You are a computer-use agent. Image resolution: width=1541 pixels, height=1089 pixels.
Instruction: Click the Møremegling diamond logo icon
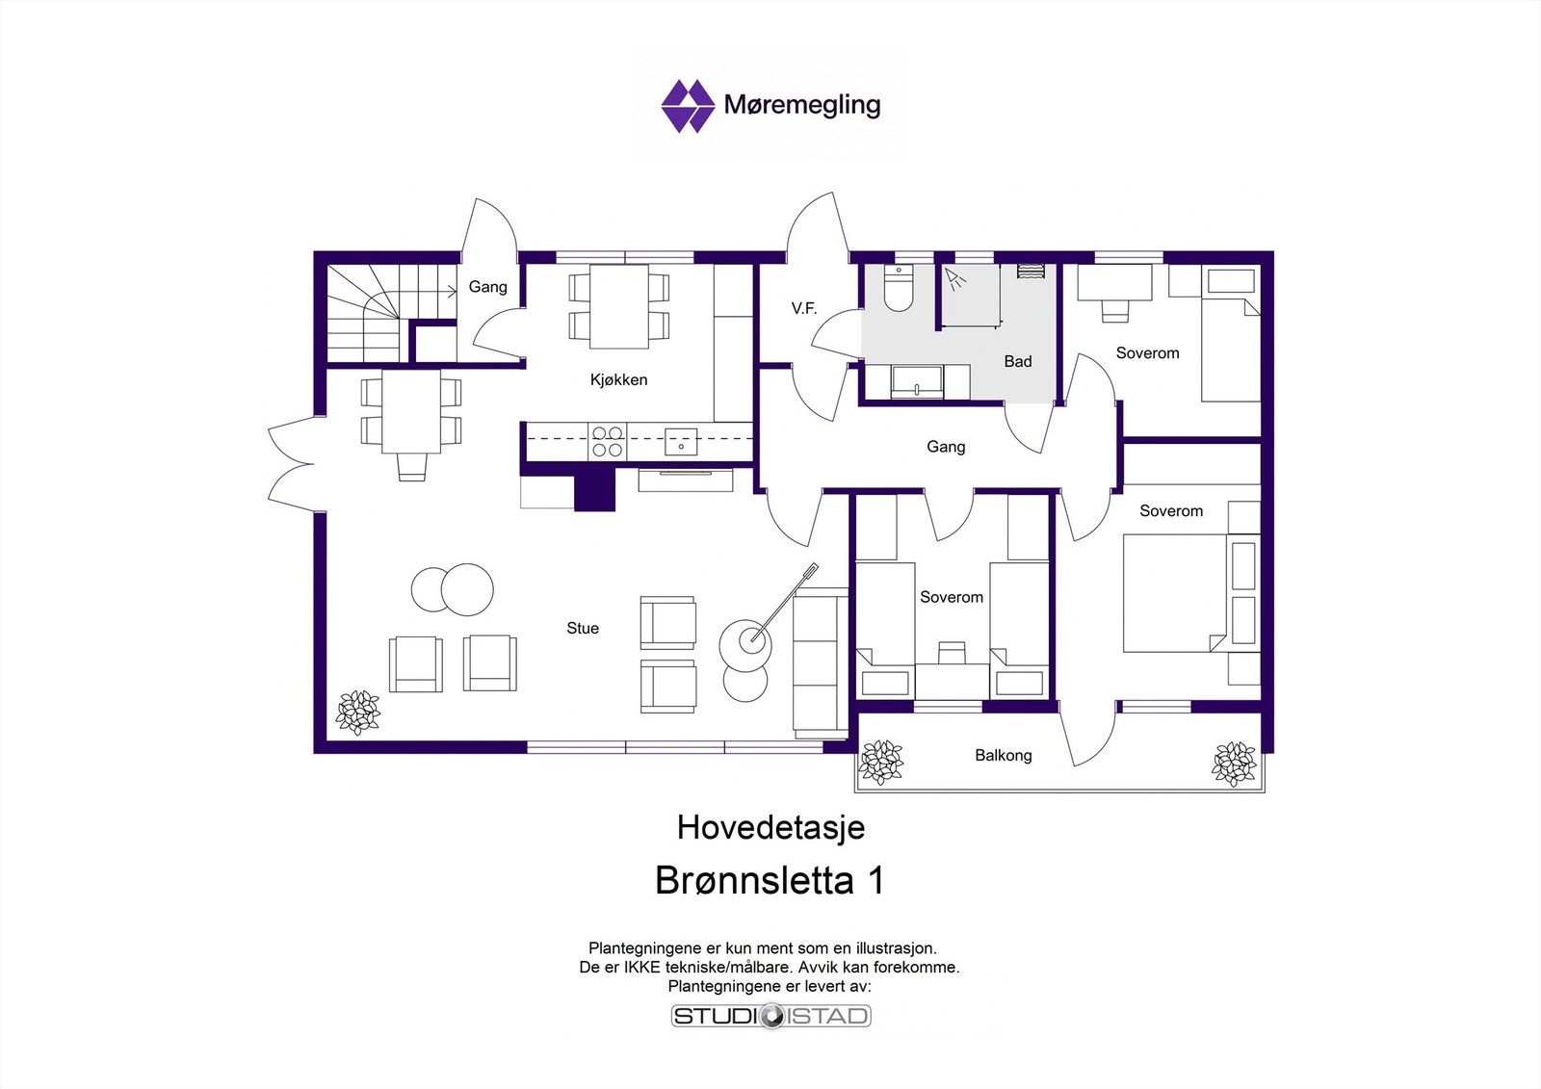pos(687,106)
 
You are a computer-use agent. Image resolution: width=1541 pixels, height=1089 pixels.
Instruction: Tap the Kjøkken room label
pos(618,379)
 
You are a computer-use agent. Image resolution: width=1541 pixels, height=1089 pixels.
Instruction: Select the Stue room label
pos(583,628)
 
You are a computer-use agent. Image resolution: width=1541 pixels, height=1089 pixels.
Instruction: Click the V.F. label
pos(804,308)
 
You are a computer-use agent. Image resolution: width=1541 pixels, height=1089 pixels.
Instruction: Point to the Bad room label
pos(1018,361)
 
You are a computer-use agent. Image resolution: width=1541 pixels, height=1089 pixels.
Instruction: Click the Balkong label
pos(1003,755)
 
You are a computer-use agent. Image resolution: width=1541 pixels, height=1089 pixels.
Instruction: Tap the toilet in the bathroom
pos(899,289)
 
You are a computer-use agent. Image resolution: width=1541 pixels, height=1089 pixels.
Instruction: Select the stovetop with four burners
pos(607,442)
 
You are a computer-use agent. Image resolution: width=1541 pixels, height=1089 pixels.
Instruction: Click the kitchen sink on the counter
pos(681,442)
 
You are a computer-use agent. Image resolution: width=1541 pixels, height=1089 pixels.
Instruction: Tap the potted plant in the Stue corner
pos(358,713)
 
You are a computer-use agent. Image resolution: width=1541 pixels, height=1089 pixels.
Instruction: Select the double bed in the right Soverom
pos(1175,593)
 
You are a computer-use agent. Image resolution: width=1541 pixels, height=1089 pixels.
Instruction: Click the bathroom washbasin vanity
pos(917,381)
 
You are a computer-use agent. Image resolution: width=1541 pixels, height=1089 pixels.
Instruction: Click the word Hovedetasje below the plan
pos(770,827)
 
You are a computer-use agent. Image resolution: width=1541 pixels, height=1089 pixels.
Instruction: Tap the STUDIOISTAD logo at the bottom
pos(770,1016)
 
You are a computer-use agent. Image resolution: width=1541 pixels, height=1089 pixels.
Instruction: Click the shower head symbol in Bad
pos(955,279)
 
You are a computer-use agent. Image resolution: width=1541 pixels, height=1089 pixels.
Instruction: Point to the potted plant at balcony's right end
pos(1234,764)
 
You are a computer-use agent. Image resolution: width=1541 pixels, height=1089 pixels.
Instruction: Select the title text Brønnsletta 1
pos(770,880)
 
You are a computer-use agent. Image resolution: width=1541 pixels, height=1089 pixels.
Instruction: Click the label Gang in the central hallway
pos(946,447)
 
